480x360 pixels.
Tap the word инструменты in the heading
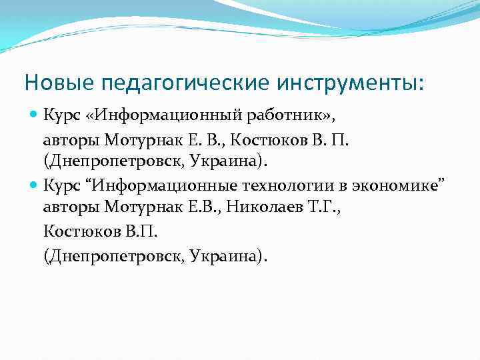coord(346,84)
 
